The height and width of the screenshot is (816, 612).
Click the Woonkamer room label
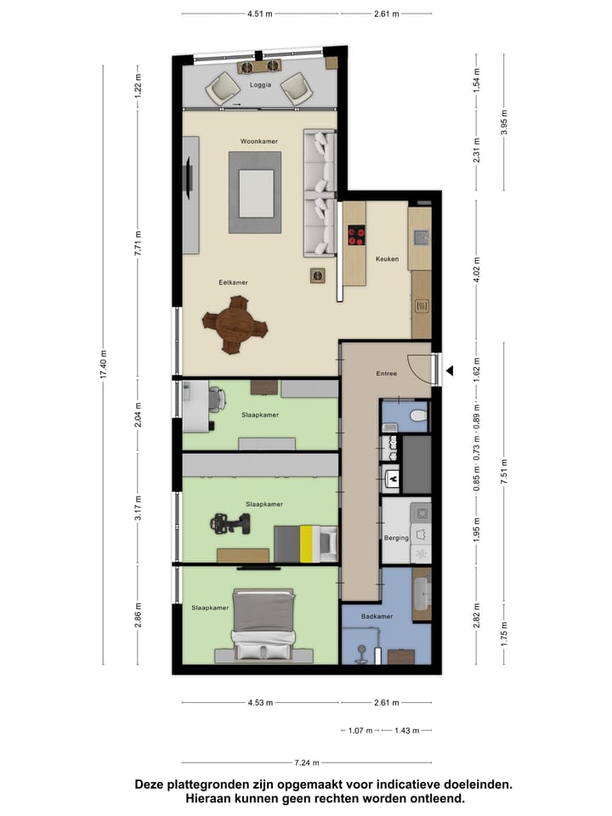point(254,139)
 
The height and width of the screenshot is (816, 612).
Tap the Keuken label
point(387,259)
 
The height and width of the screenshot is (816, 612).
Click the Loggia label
point(260,86)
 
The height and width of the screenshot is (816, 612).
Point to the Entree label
point(387,373)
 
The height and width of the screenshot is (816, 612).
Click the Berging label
point(396,538)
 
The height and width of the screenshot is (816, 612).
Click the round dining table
point(235,324)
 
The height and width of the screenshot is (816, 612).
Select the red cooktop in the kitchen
point(355,234)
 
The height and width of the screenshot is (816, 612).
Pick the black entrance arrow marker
point(451,371)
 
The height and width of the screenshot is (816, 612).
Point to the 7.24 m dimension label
point(307,762)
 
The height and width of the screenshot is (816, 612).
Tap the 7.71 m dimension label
point(138,243)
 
